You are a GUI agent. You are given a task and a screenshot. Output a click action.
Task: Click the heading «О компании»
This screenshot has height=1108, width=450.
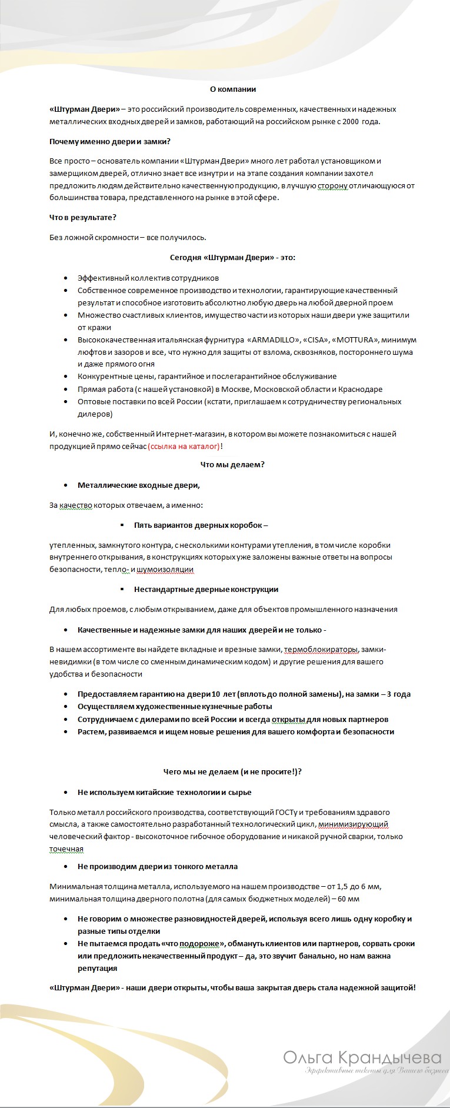coord(233,89)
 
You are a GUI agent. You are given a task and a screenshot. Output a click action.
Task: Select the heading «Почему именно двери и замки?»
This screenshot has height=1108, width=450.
coord(110,142)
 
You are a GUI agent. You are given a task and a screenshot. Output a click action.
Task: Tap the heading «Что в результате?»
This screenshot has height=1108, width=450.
coord(83,217)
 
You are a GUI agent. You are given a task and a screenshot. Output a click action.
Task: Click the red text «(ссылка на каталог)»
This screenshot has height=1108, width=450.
coord(184,447)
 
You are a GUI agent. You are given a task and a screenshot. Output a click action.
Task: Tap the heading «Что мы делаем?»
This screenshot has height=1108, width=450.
coord(233,464)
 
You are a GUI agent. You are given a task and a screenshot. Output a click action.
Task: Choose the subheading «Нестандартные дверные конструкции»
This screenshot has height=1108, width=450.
coord(206,589)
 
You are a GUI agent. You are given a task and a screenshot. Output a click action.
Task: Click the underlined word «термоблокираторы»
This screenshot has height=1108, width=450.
coord(321,650)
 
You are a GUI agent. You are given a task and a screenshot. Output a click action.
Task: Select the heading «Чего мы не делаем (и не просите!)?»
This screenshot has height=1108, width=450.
coord(233,771)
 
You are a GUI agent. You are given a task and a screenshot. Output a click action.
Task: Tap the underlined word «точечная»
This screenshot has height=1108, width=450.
coord(66,849)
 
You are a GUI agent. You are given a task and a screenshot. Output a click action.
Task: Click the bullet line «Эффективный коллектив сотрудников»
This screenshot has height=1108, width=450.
coord(148,278)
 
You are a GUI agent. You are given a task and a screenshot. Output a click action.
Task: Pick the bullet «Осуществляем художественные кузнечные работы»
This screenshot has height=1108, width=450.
coord(175,706)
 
